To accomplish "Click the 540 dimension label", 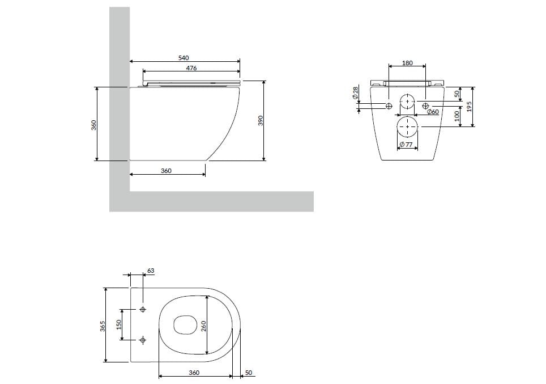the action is click(183, 57).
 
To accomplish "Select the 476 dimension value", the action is click(191, 68).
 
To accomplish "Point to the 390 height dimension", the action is click(261, 120).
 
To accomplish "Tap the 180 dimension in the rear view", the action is click(407, 63).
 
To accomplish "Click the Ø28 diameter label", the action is click(355, 92).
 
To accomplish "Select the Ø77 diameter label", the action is click(406, 144).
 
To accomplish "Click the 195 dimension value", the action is click(469, 107).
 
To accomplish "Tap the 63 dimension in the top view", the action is click(151, 271).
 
